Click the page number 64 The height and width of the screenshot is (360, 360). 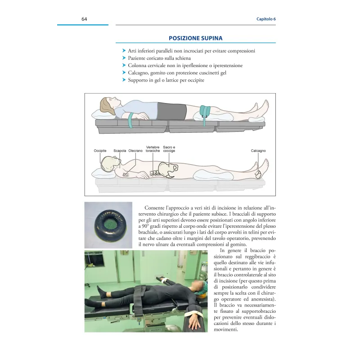click(84, 19)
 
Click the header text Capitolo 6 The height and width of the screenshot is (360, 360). click(266, 19)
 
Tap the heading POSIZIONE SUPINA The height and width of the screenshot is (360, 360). click(195, 38)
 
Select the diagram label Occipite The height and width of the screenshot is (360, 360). click(100, 150)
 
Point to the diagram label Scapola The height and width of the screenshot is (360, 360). click(120, 150)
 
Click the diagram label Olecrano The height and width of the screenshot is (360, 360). click(135, 150)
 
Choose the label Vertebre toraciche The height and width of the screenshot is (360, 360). click(153, 149)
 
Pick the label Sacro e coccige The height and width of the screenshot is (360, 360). click(169, 149)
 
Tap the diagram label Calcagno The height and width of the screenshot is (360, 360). click(258, 150)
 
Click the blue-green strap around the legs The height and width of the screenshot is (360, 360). click(207, 111)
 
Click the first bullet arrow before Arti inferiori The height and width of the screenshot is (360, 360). click(124, 51)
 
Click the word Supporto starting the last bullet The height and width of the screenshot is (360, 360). click(139, 80)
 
